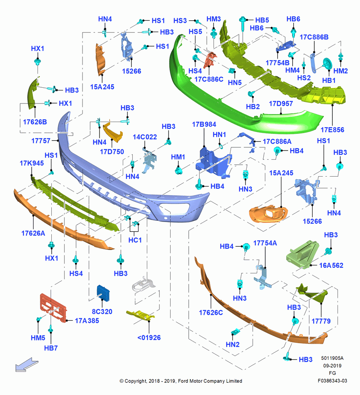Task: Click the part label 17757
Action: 41,141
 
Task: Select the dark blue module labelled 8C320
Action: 103,293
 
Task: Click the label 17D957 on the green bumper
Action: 281,103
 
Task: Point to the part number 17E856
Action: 332,130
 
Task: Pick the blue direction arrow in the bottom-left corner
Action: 27,365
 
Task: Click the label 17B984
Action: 204,124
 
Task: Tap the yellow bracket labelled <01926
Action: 140,315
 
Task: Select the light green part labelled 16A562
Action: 302,255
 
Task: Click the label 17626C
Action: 211,312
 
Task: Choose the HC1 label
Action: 135,240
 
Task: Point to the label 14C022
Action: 145,137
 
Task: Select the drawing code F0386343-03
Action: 332,381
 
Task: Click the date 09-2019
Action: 332,365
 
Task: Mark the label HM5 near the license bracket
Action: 38,338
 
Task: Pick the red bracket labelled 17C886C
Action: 211,60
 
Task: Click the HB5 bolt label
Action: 262,20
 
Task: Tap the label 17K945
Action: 32,163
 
